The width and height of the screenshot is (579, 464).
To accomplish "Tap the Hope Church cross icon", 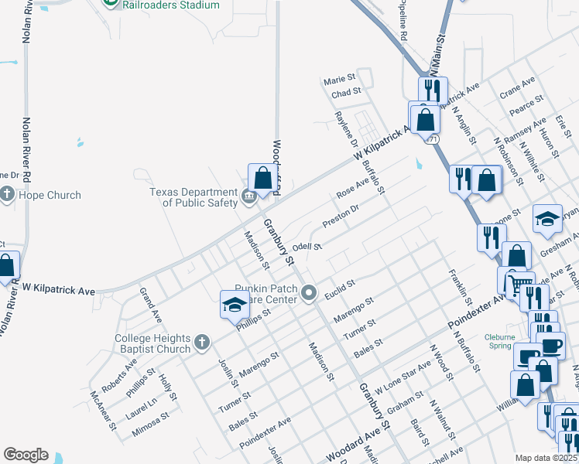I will (8, 194).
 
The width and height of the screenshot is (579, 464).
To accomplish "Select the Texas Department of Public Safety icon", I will (248, 196).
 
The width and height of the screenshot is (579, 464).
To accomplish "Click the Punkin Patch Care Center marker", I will (310, 292).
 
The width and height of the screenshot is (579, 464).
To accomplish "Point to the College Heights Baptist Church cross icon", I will (201, 341).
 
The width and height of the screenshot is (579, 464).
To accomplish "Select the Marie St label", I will (339, 79).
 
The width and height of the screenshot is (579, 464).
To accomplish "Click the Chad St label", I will (346, 93).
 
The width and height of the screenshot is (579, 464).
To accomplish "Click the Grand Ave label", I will (150, 305).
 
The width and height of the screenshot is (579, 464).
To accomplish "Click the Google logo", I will (26, 455).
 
